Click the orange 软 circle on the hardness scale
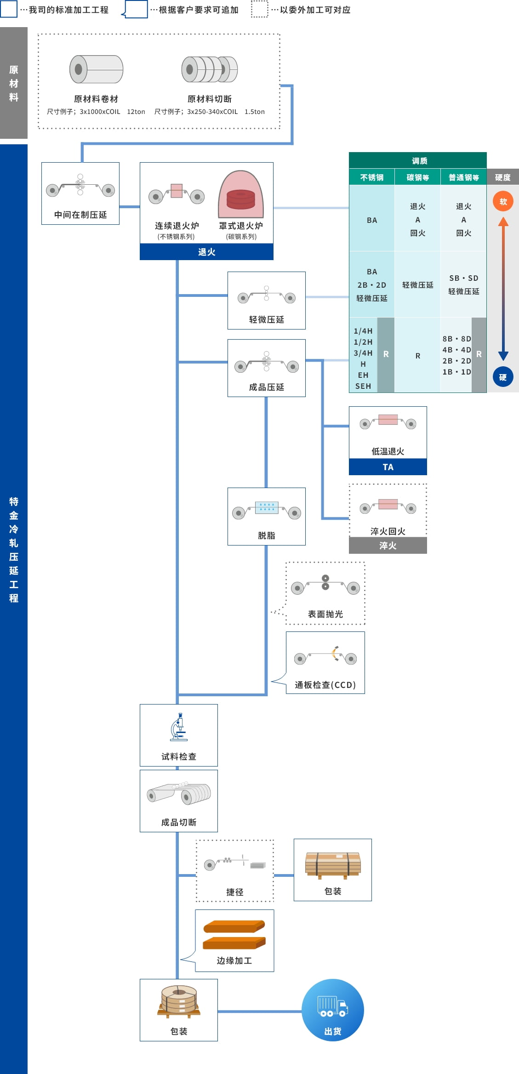pos(503,201)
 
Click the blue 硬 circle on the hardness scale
pos(503,377)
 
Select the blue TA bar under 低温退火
pos(388,467)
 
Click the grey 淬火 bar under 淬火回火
pos(388,546)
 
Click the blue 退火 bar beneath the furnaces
pos(206,252)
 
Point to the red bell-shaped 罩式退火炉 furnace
pos(241,195)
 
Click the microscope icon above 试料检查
pos(178,727)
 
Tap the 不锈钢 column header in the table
pos(371,177)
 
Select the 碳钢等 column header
pos(417,177)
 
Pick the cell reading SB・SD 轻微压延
pos(463,285)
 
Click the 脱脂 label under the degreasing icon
pos(266,535)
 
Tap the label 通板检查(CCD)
pos(325,685)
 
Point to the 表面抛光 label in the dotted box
pos(325,614)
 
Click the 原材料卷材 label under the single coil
pos(96,99)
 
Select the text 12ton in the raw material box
pos(136,112)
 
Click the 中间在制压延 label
pos(80,215)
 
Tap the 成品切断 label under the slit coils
pos(178,822)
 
